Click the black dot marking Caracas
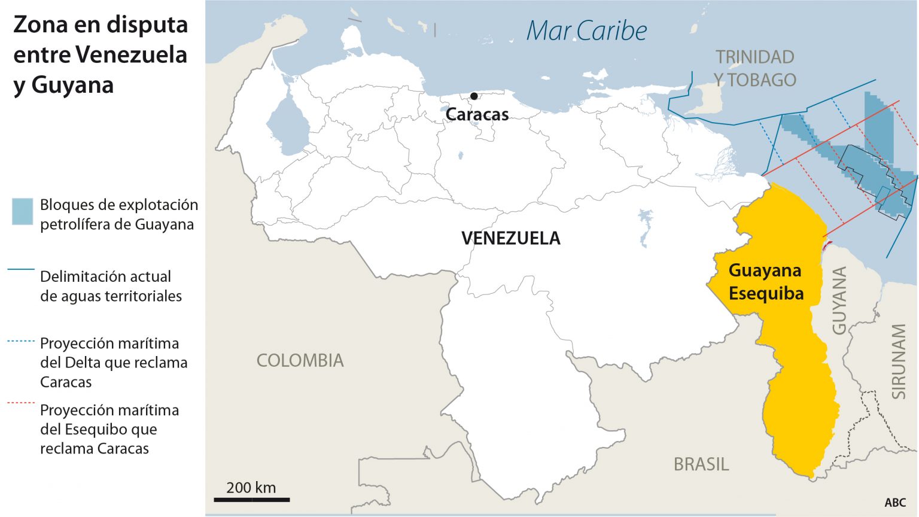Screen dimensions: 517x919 click(x=474, y=96)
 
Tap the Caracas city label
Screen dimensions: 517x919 click(x=477, y=114)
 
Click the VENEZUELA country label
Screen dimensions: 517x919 click(x=510, y=238)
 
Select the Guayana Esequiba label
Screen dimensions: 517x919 click(x=765, y=282)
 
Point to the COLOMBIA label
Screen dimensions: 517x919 click(x=300, y=360)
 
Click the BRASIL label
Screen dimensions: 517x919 click(x=701, y=464)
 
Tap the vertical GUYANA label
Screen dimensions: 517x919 click(x=839, y=300)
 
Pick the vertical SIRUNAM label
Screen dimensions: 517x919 click(x=899, y=361)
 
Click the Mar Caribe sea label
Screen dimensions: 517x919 click(x=586, y=31)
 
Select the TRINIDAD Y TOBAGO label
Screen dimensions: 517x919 click(x=754, y=68)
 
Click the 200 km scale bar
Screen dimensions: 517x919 click(x=251, y=498)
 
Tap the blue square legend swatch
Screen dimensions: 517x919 click(x=23, y=211)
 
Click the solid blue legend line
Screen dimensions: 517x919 click(x=21, y=270)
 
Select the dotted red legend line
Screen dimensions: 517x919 click(x=21, y=403)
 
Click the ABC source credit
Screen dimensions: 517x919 click(x=895, y=503)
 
